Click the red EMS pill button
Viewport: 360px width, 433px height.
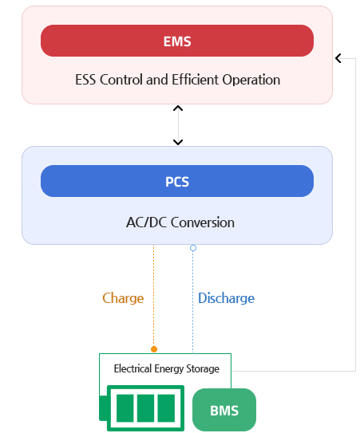point(177,41)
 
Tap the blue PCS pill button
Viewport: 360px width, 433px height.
point(177,181)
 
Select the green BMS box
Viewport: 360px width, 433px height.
point(224,410)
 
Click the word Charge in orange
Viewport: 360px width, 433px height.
point(123,298)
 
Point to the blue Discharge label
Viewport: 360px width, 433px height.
point(226,298)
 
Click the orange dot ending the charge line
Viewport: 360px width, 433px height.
point(154,349)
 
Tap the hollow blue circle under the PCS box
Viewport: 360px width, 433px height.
point(193,248)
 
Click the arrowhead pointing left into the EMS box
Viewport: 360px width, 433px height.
point(338,58)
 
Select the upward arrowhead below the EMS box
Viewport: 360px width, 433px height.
point(178,108)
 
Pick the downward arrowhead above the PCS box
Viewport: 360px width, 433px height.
point(178,142)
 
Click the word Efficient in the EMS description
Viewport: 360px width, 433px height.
point(196,80)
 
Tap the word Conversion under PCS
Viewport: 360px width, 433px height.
point(203,222)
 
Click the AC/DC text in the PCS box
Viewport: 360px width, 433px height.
point(147,222)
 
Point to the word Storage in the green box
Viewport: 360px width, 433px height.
point(203,369)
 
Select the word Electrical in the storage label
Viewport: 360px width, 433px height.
point(133,368)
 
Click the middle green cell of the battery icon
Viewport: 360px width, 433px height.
point(145,408)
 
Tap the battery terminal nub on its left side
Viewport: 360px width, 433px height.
point(103,408)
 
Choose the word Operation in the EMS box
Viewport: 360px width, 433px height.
point(251,80)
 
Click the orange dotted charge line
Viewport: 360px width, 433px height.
point(154,296)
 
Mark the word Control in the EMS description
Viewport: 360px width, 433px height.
point(121,80)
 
